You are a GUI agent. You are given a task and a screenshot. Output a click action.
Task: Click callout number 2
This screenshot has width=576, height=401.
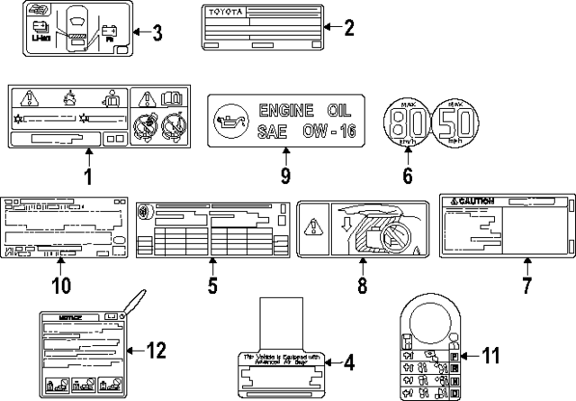[349, 28]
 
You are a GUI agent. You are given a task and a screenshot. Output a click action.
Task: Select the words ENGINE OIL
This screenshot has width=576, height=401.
[292, 110]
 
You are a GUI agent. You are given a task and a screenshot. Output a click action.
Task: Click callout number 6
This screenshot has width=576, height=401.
[408, 174]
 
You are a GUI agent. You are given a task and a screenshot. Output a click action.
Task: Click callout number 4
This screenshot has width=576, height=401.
[348, 363]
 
